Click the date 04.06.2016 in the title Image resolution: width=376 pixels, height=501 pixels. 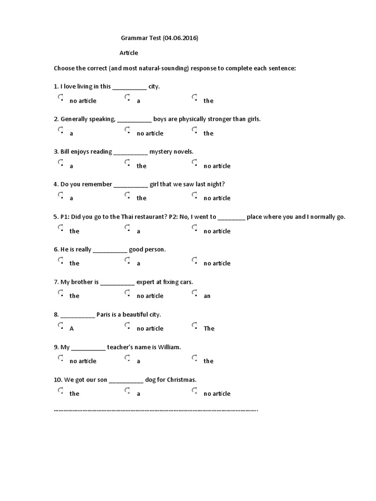click(181, 38)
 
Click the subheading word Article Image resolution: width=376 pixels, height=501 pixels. click(129, 53)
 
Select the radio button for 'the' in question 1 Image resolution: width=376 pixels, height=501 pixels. click(195, 97)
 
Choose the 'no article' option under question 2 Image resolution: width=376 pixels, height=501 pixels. click(128, 130)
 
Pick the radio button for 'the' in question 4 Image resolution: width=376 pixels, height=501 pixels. click(128, 195)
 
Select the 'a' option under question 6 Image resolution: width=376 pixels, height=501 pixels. click(128, 260)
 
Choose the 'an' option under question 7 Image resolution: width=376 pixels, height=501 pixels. click(195, 293)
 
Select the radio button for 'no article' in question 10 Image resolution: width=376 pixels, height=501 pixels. click(195, 390)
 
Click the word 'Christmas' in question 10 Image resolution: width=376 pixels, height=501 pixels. click(181, 380)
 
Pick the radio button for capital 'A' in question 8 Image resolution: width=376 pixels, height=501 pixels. click(61, 325)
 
